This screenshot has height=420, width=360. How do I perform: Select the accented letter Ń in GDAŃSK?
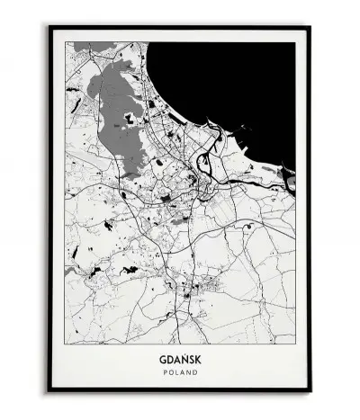pyautogui.click(x=183, y=356)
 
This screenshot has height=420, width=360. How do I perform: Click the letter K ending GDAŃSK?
pyautogui.click(x=197, y=356)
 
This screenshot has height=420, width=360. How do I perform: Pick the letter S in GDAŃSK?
pyautogui.click(x=190, y=356)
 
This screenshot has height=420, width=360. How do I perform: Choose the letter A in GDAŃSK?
pyautogui.click(x=175, y=356)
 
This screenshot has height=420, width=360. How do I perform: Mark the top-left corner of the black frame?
pyautogui.click(x=49, y=27)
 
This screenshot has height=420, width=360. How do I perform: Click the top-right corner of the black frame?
pyautogui.click(x=310, y=27)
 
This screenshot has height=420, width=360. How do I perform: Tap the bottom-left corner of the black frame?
pyautogui.click(x=49, y=402)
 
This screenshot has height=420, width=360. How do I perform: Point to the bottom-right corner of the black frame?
pyautogui.click(x=310, y=402)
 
